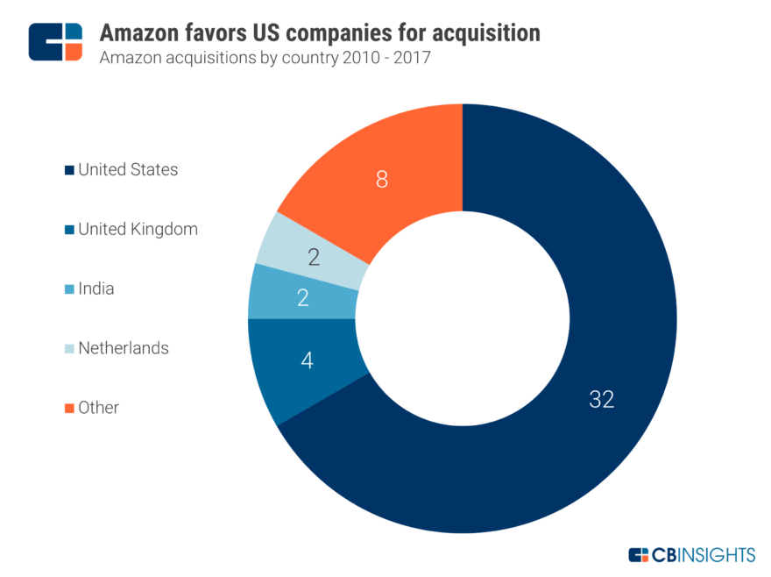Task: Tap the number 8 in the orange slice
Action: [x=381, y=180]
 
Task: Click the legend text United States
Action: [x=128, y=169]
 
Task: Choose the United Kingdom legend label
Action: [x=138, y=229]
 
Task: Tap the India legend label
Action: [x=96, y=288]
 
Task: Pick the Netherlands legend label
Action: [x=124, y=348]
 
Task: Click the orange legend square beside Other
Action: [x=68, y=408]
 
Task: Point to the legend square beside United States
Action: [x=68, y=170]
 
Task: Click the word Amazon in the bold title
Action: [x=137, y=33]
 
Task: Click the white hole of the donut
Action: [x=463, y=317]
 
